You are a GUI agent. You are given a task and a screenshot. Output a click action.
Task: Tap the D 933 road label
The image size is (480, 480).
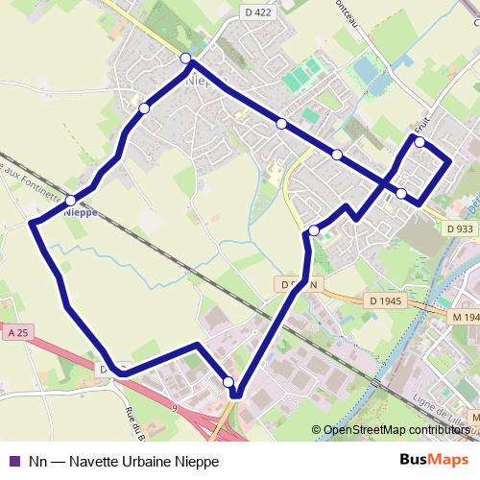point(460,228)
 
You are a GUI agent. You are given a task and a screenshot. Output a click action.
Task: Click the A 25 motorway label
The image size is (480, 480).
point(14,331)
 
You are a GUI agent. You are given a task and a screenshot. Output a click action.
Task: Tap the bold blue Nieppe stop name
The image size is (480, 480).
point(81,213)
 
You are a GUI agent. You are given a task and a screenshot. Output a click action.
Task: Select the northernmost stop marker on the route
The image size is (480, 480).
point(185,59)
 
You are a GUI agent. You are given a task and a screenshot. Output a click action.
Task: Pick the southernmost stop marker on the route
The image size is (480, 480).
point(228,382)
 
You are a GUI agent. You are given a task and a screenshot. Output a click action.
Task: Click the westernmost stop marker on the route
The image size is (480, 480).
point(70,200)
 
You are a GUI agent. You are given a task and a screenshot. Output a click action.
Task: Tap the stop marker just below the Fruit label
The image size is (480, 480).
point(420,142)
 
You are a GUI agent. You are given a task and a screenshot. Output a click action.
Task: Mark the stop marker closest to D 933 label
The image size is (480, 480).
point(401,194)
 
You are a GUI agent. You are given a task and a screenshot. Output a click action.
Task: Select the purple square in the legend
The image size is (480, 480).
point(13,461)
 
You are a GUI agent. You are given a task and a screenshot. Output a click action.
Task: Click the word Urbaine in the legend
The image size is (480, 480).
point(145,461)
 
